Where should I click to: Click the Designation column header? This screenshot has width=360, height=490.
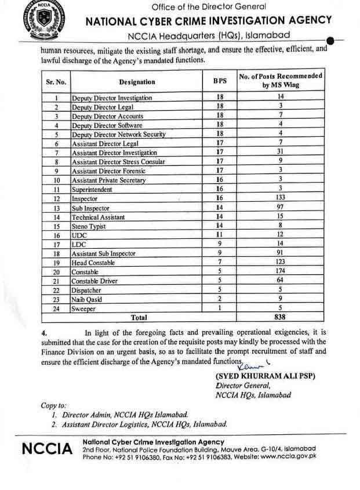(x=137, y=82)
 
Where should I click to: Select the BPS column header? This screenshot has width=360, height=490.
(x=220, y=82)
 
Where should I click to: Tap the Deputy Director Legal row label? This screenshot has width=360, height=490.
(x=103, y=107)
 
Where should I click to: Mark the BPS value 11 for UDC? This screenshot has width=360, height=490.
(x=220, y=235)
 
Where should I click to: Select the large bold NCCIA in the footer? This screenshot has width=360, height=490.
(x=46, y=449)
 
